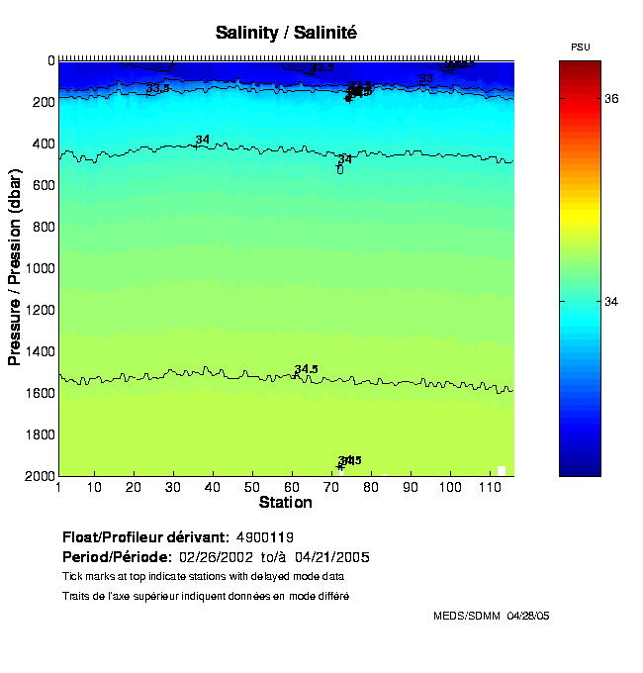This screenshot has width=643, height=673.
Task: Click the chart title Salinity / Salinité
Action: [286, 33]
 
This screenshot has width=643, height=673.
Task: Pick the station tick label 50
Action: [252, 487]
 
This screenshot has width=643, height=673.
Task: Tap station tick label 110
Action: [487, 487]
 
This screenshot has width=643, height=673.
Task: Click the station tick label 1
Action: [59, 487]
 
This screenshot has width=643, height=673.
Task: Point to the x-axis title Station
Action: [285, 503]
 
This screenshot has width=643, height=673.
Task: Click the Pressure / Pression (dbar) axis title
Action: [15, 267]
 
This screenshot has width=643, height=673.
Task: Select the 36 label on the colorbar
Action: [612, 99]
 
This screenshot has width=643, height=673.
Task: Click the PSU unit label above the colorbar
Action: [581, 48]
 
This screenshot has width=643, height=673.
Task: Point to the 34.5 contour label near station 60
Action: [306, 369]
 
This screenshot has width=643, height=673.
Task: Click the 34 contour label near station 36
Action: [202, 140]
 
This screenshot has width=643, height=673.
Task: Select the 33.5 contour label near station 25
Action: [158, 88]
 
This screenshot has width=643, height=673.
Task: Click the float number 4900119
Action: [265, 537]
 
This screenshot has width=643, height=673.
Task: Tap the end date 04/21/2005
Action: [338, 556]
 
